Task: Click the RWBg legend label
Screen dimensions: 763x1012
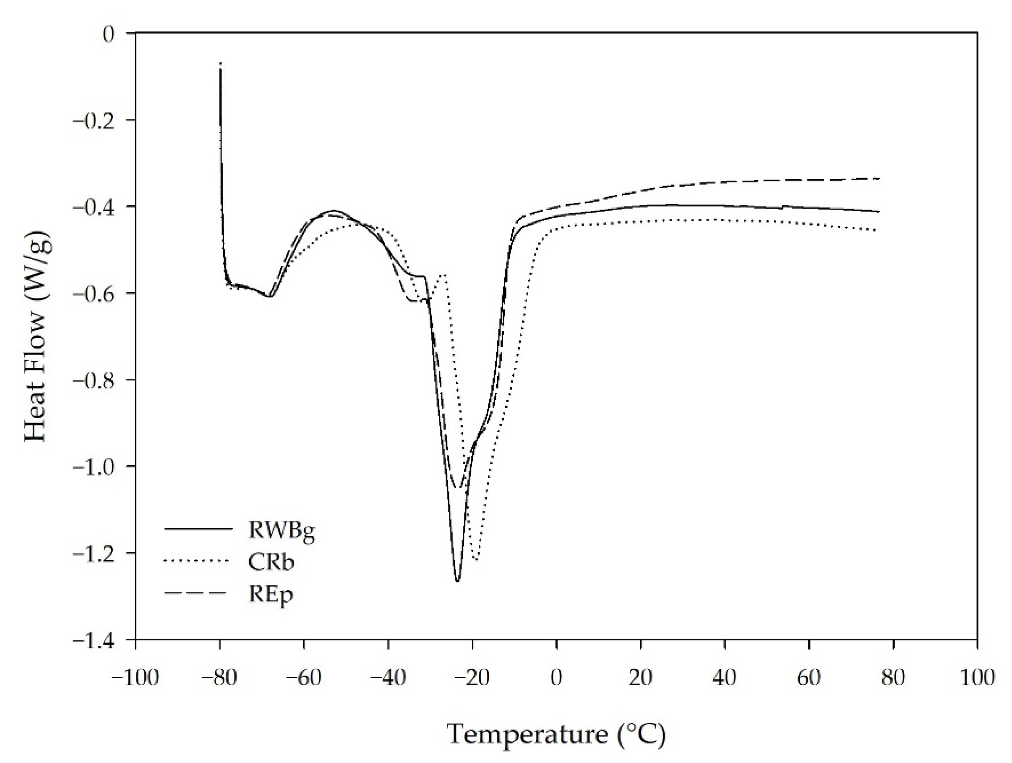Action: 282,531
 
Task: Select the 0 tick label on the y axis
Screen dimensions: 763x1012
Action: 108,34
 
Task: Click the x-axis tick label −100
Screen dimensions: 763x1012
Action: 135,678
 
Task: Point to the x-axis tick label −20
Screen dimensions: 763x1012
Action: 472,678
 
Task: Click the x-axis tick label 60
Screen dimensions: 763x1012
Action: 809,678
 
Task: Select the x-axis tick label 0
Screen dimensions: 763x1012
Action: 556,678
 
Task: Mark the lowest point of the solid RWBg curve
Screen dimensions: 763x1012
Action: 457,581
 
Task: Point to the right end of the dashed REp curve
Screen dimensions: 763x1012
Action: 879,178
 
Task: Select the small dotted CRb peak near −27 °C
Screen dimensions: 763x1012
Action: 443,274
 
